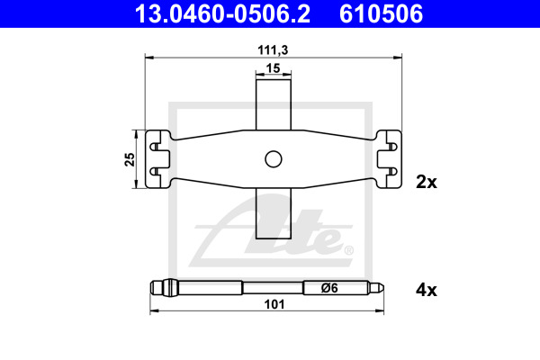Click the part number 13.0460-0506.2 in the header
click(x=222, y=13)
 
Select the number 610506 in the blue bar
click(x=381, y=13)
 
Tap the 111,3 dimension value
click(x=273, y=50)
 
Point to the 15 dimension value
click(x=273, y=68)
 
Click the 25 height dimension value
click(x=130, y=159)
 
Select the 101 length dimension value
click(x=274, y=304)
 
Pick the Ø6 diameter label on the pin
click(x=329, y=288)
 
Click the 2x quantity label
click(x=427, y=182)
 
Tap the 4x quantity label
click(x=427, y=290)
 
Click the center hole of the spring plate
click(x=274, y=159)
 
